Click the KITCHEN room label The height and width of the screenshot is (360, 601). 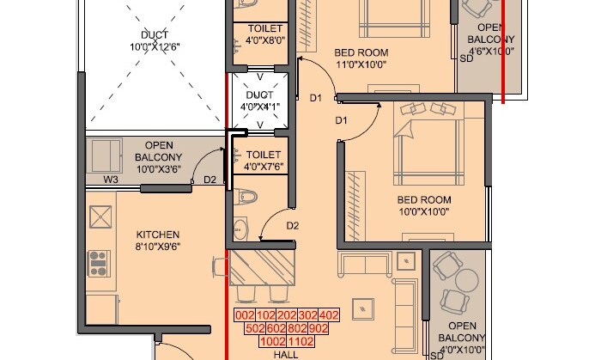(158, 234)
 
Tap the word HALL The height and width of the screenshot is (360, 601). (286, 353)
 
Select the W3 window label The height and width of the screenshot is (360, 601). (111, 180)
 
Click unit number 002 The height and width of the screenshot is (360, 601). (246, 315)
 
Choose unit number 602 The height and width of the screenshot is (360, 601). (276, 328)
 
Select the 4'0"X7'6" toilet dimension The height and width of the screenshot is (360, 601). (264, 167)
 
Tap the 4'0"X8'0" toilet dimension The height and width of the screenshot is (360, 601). (262, 40)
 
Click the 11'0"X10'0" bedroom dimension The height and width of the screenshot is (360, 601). (361, 64)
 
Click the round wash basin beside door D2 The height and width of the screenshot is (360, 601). (240, 229)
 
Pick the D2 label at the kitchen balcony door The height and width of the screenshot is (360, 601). (209, 180)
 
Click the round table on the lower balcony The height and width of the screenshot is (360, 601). (467, 281)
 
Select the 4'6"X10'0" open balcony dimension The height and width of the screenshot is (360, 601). (489, 50)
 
